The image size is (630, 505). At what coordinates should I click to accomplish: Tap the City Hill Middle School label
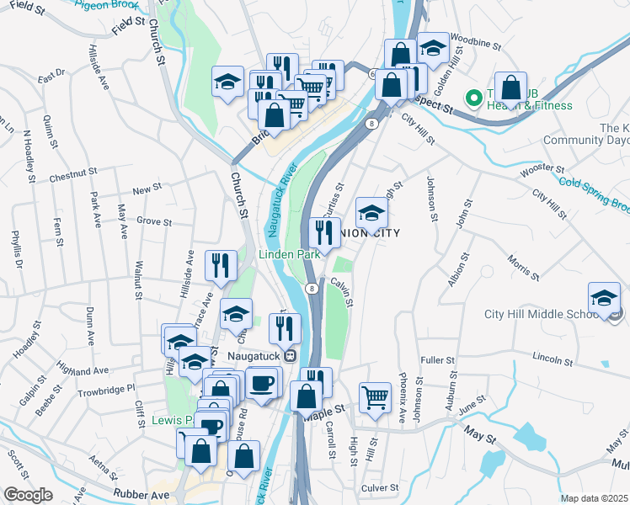[x=540, y=314]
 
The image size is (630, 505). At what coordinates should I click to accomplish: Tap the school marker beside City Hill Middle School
[x=604, y=299]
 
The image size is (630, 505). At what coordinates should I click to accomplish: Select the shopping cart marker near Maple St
[x=375, y=396]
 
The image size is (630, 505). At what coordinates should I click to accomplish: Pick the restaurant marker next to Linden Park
[x=325, y=231]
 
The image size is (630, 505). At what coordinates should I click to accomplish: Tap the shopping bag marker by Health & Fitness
[x=510, y=87]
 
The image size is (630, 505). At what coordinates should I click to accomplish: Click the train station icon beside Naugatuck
[x=290, y=355]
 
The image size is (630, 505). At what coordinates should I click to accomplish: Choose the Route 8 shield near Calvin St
[x=312, y=288]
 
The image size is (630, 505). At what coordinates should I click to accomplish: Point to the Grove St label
[x=154, y=223]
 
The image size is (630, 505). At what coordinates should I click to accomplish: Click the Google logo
[x=28, y=495]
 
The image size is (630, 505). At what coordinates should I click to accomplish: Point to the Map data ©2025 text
[x=594, y=498]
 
